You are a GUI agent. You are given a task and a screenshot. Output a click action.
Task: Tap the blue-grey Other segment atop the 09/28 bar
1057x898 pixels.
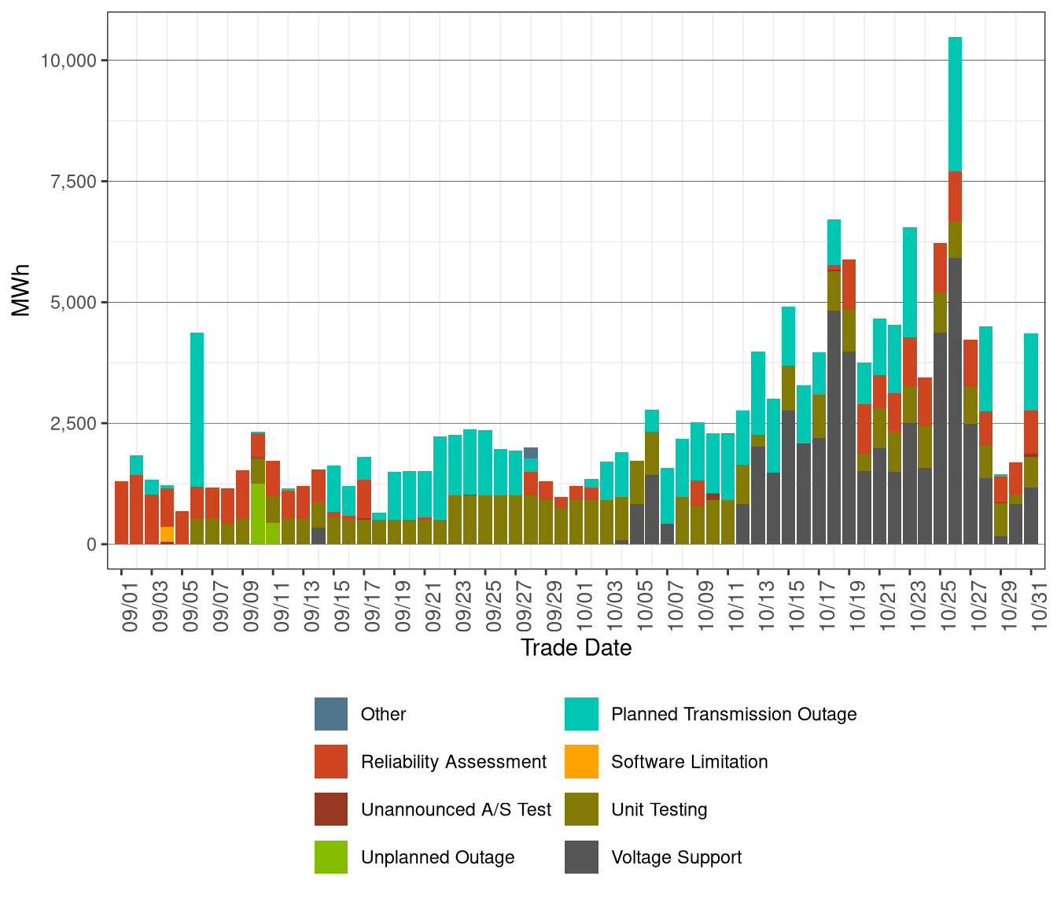click(531, 453)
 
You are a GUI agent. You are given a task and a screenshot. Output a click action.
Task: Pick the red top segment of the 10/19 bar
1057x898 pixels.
click(849, 284)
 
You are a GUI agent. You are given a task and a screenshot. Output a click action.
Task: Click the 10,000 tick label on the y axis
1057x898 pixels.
click(68, 61)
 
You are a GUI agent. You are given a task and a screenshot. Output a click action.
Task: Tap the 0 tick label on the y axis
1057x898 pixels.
click(91, 544)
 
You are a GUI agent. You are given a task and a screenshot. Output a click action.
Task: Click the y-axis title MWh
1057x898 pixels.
click(21, 290)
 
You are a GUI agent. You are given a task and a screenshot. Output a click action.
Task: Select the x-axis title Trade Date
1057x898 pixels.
click(576, 648)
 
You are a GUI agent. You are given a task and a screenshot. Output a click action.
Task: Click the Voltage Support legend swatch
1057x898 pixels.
click(581, 857)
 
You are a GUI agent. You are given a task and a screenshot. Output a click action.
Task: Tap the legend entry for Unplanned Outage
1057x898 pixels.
click(437, 857)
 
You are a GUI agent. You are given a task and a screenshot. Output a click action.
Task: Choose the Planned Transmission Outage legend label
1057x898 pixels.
click(733, 714)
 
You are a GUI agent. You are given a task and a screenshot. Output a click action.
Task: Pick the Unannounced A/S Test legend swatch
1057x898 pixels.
click(331, 809)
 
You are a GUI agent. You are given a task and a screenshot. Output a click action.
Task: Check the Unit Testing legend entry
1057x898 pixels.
click(658, 809)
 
